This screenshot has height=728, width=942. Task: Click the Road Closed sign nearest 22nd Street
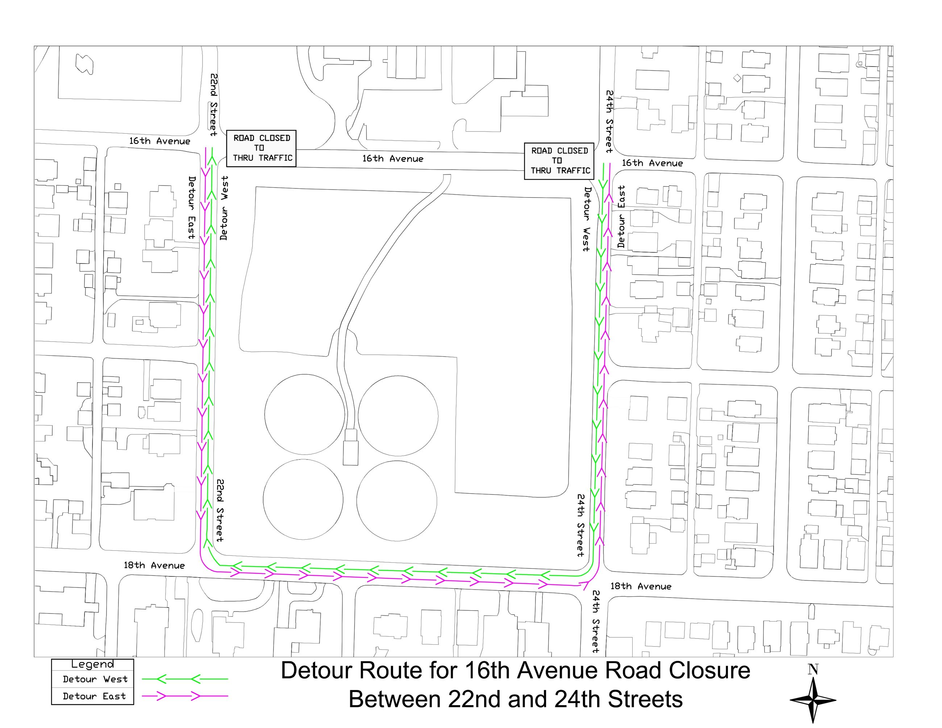pyautogui.click(x=261, y=148)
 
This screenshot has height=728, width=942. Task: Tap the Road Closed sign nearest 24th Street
pyautogui.click(x=559, y=161)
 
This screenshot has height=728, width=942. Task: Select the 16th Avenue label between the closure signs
pyautogui.click(x=392, y=159)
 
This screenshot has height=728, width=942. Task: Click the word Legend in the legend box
pyautogui.click(x=92, y=664)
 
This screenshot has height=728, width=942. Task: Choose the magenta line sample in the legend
pyautogui.click(x=185, y=696)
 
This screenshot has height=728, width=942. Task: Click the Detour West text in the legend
pyautogui.click(x=95, y=679)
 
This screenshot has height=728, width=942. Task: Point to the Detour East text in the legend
pyautogui.click(x=94, y=696)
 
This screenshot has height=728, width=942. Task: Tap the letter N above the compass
pyautogui.click(x=813, y=669)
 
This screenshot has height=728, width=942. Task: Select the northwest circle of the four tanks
pyautogui.click(x=304, y=414)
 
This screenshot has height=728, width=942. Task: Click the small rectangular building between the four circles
pyautogui.click(x=350, y=447)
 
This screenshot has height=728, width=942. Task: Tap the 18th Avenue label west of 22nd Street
pyautogui.click(x=154, y=565)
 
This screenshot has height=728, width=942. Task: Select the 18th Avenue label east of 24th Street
pyautogui.click(x=641, y=586)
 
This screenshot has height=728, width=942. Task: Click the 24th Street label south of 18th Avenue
pyautogui.click(x=596, y=621)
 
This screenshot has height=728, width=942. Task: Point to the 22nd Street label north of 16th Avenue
pyautogui.click(x=213, y=105)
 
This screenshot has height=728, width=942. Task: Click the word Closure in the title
pyautogui.click(x=709, y=671)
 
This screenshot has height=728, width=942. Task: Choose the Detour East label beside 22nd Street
pyautogui.click(x=192, y=207)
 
